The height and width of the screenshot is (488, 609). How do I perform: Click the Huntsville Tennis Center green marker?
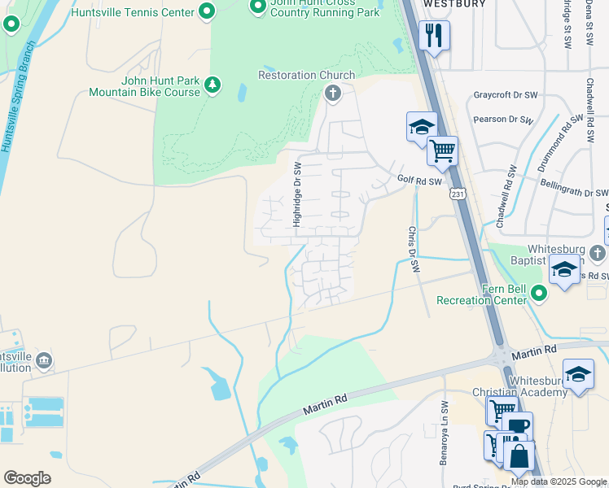(207, 11)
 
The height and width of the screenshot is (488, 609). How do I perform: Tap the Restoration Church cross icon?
(331, 94)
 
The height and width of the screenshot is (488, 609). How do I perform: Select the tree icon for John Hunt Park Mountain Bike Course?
(212, 85)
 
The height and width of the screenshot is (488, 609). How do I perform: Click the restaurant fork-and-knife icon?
(433, 35)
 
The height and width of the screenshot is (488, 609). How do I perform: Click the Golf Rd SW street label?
(419, 181)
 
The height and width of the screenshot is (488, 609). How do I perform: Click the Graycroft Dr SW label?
(506, 95)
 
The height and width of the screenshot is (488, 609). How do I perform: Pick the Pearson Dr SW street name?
(503, 120)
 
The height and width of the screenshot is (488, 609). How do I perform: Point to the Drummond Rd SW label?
(562, 135)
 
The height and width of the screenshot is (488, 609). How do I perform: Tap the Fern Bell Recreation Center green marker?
(537, 291)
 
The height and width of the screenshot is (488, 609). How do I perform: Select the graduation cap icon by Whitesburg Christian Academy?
(578, 374)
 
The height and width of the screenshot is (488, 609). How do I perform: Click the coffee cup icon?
(516, 425)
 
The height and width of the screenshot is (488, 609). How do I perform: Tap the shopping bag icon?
(519, 455)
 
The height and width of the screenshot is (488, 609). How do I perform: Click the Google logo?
(27, 478)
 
